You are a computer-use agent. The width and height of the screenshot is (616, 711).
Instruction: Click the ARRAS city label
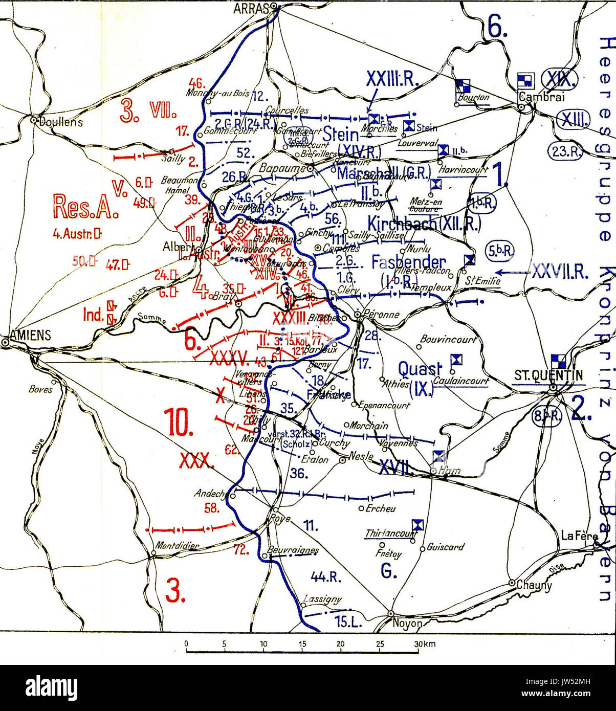[x=251, y=8]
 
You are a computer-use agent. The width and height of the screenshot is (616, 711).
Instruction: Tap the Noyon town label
[x=407, y=624]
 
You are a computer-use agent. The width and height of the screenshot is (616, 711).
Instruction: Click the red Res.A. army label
[x=86, y=206]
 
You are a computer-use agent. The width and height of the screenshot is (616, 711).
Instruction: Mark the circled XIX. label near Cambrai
[x=560, y=79]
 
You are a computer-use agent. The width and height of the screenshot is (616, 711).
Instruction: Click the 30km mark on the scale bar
[x=425, y=644]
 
